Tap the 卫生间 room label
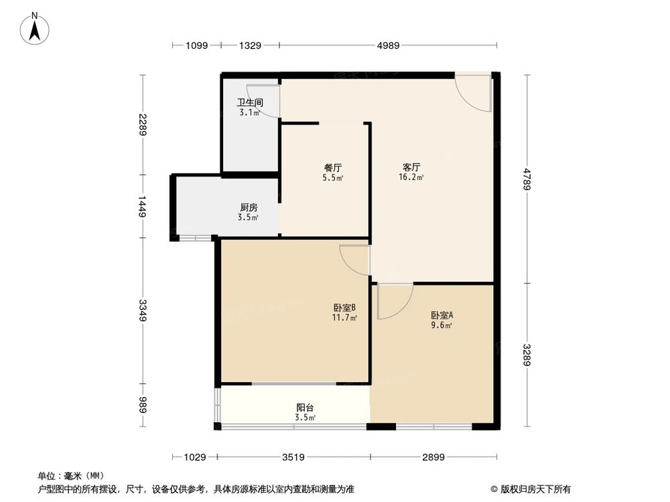tap(249, 103)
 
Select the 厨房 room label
tap(249, 207)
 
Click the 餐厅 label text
tap(333, 168)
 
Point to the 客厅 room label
tap(411, 168)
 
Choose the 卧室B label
tap(344, 307)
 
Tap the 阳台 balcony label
tap(306, 407)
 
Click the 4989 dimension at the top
tap(388, 46)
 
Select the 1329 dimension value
tap(249, 46)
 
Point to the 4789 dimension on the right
tap(527, 179)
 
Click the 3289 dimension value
tap(527, 355)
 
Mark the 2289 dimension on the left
tap(142, 124)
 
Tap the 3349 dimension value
tap(142, 310)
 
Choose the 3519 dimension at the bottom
tap(293, 458)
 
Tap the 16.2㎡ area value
tap(411, 178)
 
